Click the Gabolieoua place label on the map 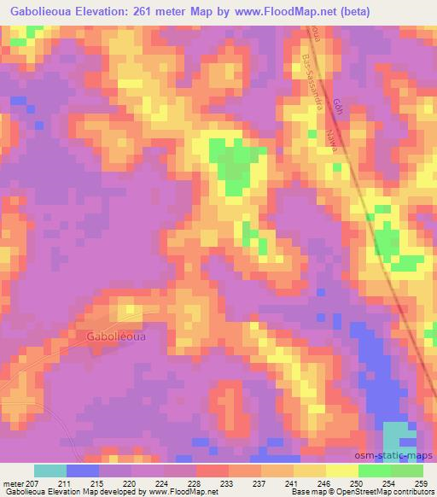click(116, 336)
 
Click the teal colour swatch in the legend click(50, 471)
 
